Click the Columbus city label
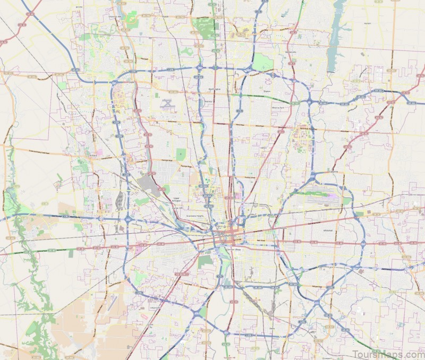point(227,235)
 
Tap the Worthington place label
point(214,89)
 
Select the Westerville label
point(290,52)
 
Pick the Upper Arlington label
point(176,200)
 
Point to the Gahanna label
point(333,172)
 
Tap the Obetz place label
point(271,329)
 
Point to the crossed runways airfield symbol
point(168,102)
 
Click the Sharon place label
point(267,91)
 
